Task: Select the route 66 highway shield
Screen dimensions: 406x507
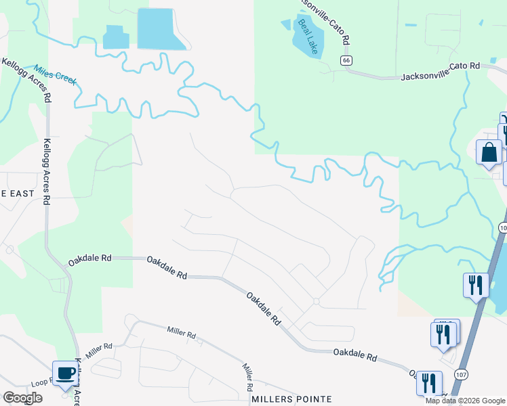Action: (346, 60)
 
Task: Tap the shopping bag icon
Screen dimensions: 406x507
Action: (489, 154)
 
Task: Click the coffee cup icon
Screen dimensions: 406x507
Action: (65, 373)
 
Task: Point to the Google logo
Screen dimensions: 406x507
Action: (22, 398)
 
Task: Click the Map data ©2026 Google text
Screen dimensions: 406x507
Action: (465, 401)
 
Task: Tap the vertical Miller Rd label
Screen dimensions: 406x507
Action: (248, 376)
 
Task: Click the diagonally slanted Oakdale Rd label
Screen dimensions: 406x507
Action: (263, 309)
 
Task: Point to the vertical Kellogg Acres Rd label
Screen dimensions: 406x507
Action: (47, 172)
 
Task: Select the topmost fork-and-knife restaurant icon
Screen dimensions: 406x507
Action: (476, 284)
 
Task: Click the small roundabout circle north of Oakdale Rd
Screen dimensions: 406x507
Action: (316, 301)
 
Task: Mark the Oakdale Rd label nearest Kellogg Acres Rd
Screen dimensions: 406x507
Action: (90, 258)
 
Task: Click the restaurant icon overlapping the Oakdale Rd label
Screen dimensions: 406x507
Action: (428, 382)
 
